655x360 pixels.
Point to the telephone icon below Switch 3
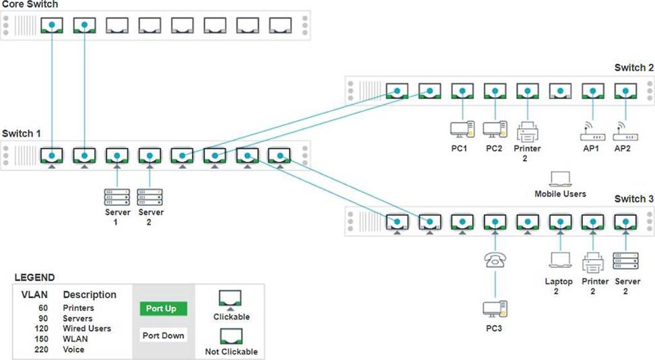tap(495, 260)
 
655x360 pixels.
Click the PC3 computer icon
tap(495, 309)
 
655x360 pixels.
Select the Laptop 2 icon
tap(560, 260)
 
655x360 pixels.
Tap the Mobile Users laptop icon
tap(560, 179)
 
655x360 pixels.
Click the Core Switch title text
tap(29, 5)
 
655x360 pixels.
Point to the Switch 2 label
tap(633, 68)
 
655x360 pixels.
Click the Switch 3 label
tap(633, 199)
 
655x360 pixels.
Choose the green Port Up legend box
tap(163, 309)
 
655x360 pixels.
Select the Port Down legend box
tap(163, 335)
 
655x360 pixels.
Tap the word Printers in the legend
tap(78, 308)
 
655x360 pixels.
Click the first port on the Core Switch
tap(52, 25)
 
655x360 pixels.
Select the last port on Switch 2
tap(625, 92)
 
